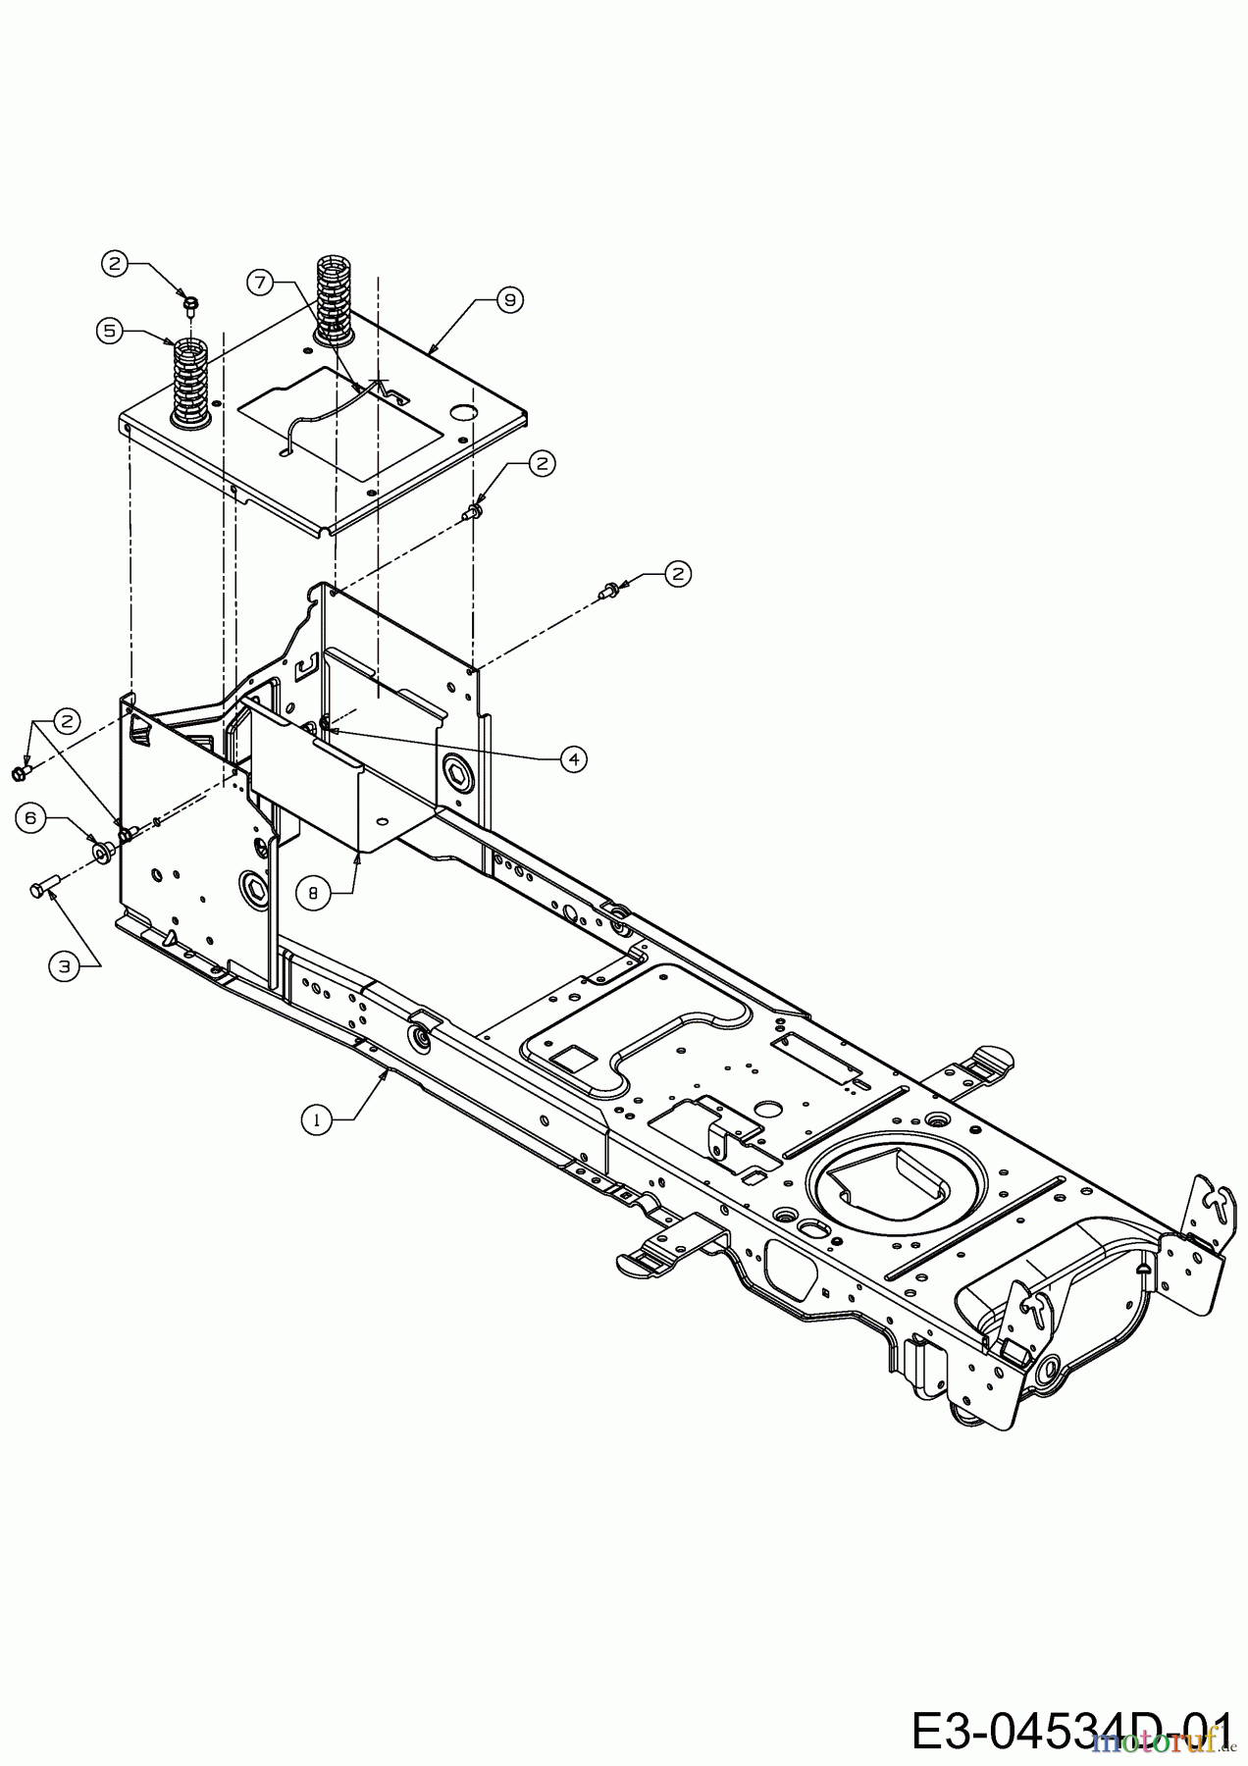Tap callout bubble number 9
[x=509, y=300]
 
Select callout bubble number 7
[x=259, y=283]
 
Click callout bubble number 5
[x=111, y=331]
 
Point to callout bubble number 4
[x=573, y=757]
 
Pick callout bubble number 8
[x=313, y=893]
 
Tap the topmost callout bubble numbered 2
[x=116, y=262]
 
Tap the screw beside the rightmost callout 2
[x=607, y=590]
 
